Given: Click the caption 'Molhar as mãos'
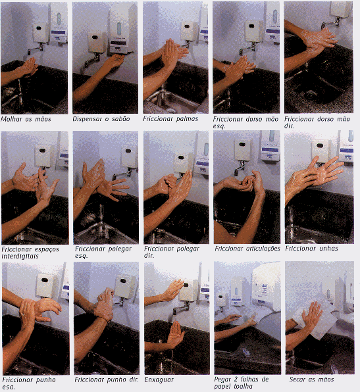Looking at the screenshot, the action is (x=26, y=119).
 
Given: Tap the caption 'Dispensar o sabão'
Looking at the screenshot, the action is (x=101, y=119).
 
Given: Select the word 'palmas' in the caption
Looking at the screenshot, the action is (x=187, y=119).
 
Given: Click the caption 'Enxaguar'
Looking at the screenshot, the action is (x=159, y=380).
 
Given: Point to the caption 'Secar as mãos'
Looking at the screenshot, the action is (x=311, y=380).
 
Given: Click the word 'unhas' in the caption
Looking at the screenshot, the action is (x=327, y=248).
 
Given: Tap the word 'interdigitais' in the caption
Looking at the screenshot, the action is (x=20, y=257).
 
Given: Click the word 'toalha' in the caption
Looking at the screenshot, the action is (x=242, y=386).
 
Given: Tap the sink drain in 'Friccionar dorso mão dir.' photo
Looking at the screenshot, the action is (x=311, y=94).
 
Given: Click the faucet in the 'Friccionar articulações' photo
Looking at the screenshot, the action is (x=240, y=168).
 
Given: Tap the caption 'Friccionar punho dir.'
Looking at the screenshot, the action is (x=107, y=380).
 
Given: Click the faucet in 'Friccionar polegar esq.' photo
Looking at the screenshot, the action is (x=122, y=174).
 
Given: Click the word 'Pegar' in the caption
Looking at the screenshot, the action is (x=222, y=380).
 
